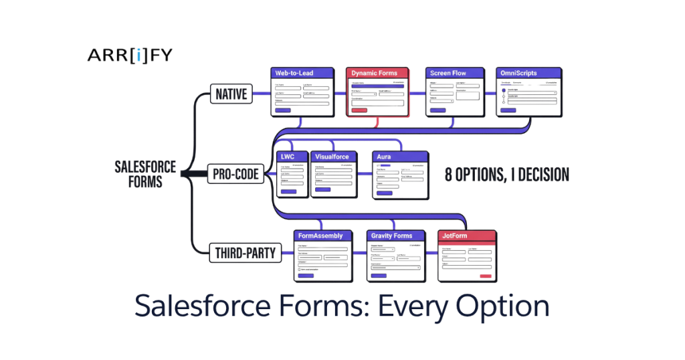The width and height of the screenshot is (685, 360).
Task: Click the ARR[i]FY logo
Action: (129, 56)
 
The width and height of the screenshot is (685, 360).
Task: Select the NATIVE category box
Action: (231, 94)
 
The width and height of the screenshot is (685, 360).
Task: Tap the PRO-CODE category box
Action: (235, 174)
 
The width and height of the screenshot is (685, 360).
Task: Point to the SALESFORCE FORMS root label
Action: (145, 174)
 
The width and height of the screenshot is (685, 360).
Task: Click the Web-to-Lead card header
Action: (302, 73)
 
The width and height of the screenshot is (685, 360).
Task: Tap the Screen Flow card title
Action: (454, 73)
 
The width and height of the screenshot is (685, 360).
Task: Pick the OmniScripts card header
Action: (529, 73)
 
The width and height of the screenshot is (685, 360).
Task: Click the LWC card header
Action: (292, 157)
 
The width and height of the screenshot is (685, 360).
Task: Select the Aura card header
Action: (399, 157)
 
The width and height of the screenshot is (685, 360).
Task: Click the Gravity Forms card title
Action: (397, 236)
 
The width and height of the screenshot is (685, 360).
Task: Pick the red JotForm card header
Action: (468, 236)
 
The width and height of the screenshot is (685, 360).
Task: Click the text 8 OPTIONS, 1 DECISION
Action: (507, 175)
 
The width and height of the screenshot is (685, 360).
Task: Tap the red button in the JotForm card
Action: (485, 276)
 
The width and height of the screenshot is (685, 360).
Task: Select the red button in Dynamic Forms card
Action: (359, 110)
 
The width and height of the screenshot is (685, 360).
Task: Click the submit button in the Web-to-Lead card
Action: (283, 110)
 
